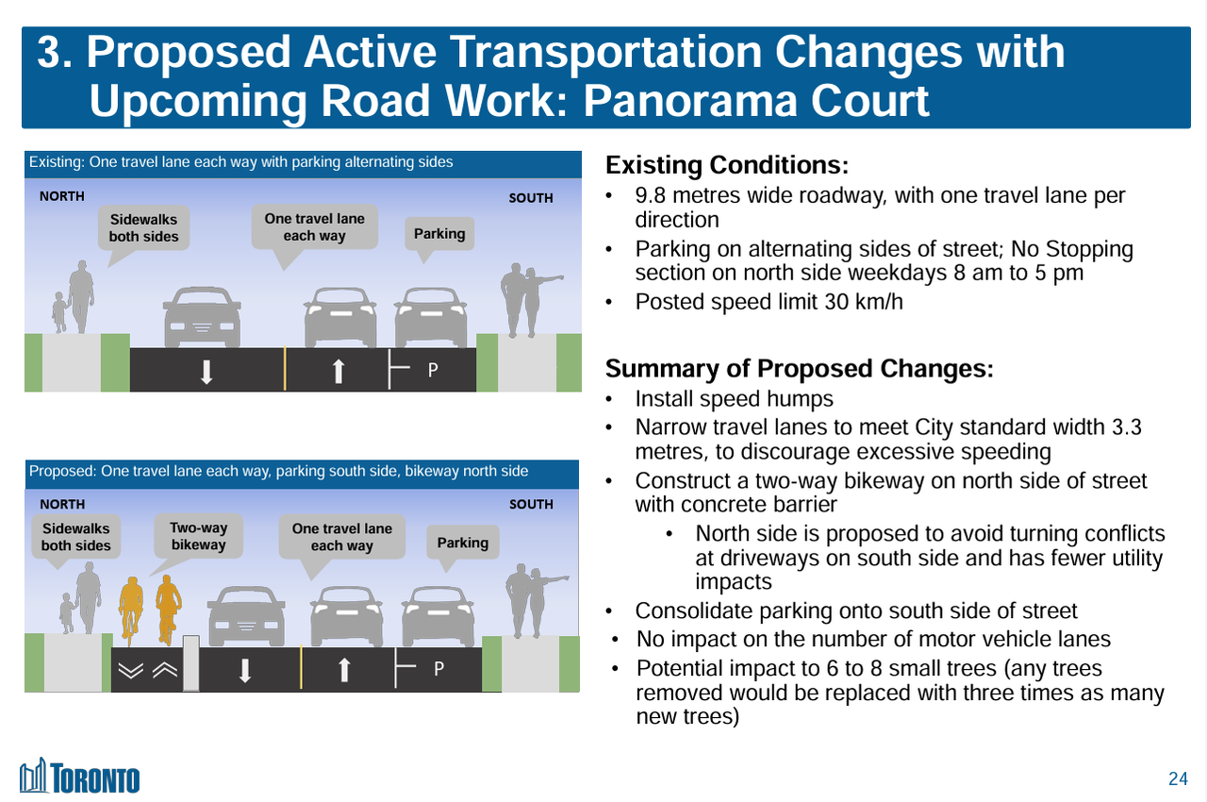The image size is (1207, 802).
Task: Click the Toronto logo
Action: click(79, 776)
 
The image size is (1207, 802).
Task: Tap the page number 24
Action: click(1178, 778)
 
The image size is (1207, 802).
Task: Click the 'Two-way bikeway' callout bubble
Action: click(198, 537)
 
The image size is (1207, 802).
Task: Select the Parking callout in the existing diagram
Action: click(439, 234)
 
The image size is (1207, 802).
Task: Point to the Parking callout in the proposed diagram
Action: click(462, 543)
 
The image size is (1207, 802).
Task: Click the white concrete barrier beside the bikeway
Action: click(191, 663)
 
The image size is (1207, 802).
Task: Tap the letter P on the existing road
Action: click(433, 370)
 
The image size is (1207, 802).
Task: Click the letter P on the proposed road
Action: click(439, 669)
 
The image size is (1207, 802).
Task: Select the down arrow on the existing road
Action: click(207, 372)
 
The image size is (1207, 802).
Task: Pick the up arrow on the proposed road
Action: click(344, 670)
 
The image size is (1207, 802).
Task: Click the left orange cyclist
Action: click(131, 610)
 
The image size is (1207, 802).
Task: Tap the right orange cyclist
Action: click(168, 609)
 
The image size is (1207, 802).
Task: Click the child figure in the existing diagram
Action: click(59, 312)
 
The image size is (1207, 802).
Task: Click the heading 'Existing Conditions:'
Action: click(727, 165)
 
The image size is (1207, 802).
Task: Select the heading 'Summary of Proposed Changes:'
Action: click(799, 369)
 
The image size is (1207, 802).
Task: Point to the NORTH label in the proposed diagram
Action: click(62, 505)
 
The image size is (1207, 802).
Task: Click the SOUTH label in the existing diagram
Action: click(531, 198)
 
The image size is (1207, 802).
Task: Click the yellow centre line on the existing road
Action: click(285, 369)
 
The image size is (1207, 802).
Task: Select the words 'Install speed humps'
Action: click(734, 399)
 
